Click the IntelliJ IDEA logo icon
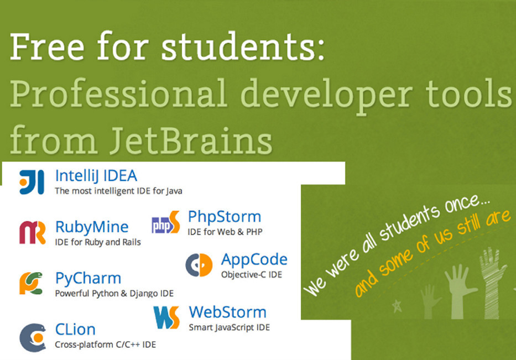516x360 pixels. (x=32, y=182)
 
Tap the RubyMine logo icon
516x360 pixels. (x=32, y=233)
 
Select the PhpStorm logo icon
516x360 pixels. (x=166, y=222)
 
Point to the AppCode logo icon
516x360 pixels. (x=199, y=265)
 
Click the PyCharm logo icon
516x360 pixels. (x=32, y=283)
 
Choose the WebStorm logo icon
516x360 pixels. (x=166, y=317)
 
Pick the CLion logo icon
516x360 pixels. (x=33, y=337)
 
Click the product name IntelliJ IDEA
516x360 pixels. (x=96, y=176)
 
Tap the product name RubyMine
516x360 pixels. (x=92, y=227)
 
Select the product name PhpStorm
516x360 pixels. (x=225, y=217)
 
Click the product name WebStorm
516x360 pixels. (x=227, y=312)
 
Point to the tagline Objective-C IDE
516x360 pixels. (x=252, y=275)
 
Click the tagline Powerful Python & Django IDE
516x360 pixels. (x=114, y=293)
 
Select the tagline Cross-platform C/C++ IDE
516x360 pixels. (x=105, y=345)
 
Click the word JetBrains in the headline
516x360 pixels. (x=191, y=141)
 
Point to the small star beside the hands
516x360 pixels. (x=398, y=306)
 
